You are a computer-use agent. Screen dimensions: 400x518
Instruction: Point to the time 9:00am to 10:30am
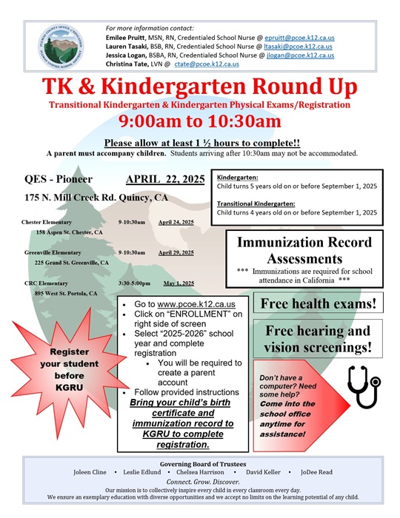pos(200,121)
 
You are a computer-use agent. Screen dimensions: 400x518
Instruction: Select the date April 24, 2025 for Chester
pos(176,222)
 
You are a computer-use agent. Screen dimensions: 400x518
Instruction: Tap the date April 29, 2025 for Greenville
pos(176,252)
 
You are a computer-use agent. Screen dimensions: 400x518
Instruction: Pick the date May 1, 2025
pos(179,283)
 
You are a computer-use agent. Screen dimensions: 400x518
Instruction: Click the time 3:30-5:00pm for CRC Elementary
pos(134,283)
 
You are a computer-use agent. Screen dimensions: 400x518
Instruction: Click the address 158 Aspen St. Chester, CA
pos(69,232)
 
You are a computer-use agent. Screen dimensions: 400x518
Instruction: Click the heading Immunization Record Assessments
pos(304,250)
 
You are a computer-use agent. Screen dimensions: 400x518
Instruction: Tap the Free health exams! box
pos(319,303)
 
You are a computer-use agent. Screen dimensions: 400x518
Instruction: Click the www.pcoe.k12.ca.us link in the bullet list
pos(196,304)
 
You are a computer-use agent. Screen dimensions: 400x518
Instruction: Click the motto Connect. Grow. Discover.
pos(200,481)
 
